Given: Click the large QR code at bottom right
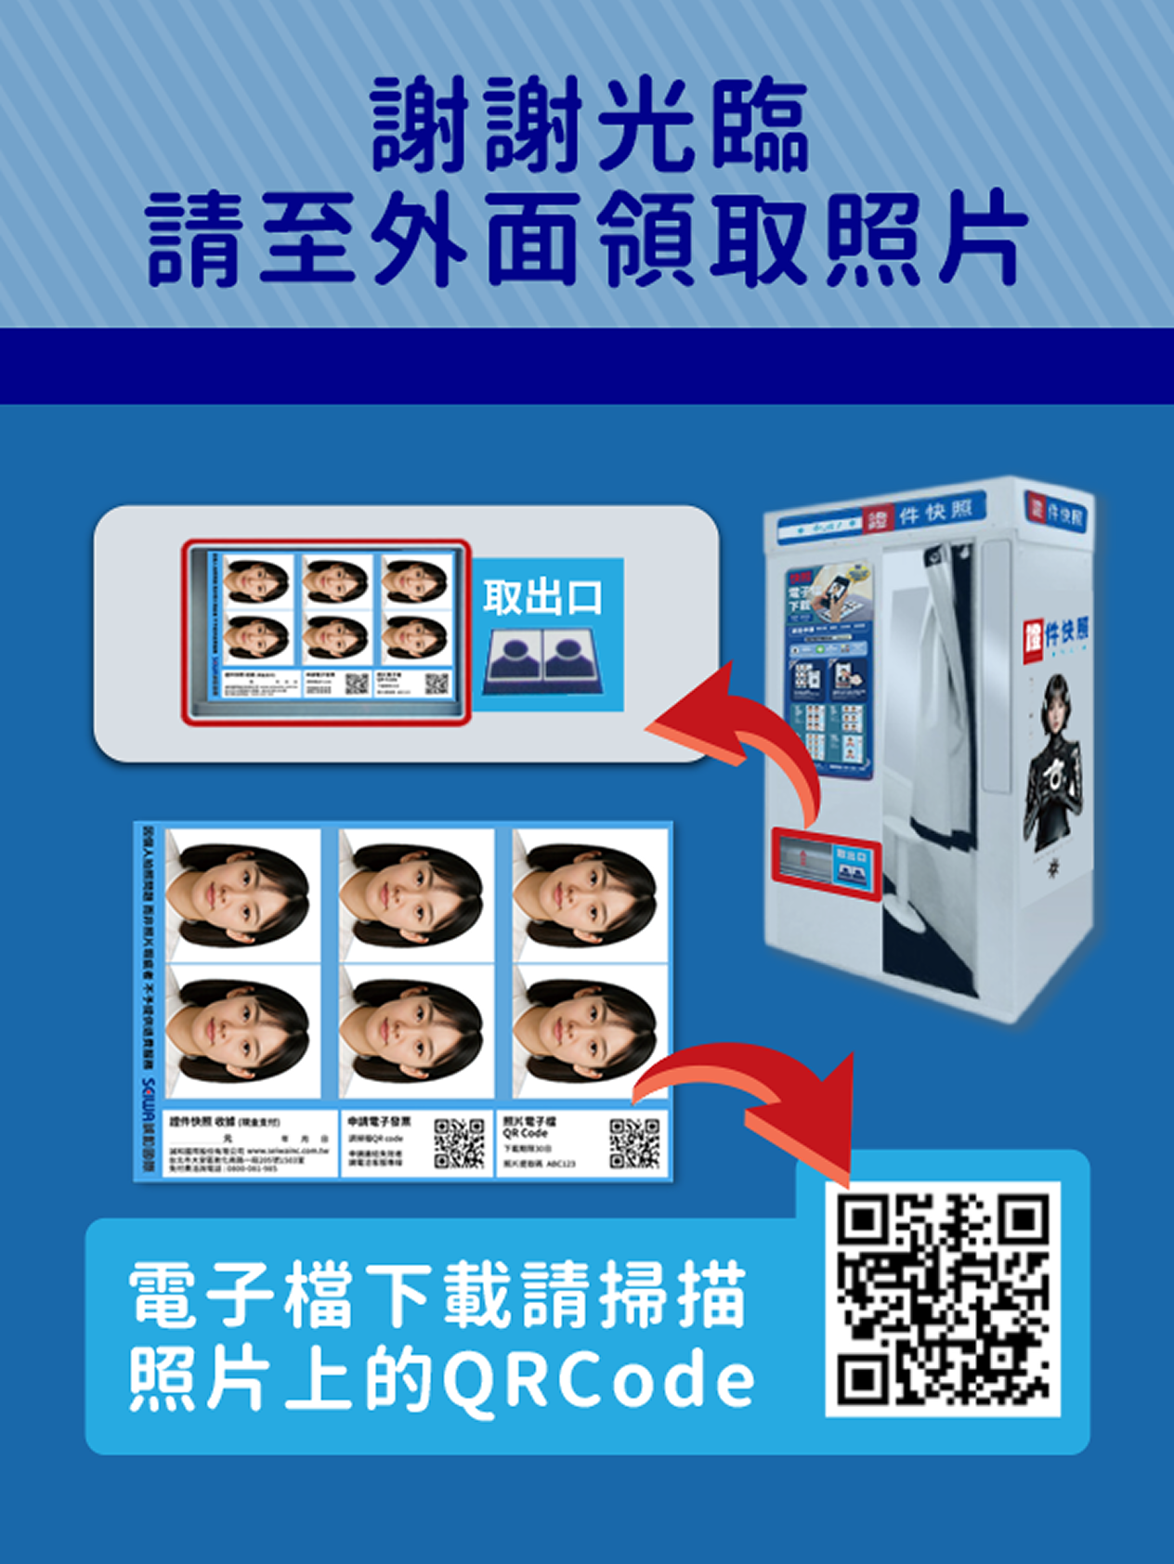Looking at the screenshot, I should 943,1298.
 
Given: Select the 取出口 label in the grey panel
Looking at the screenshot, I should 542,597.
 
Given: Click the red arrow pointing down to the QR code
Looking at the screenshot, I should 762,1096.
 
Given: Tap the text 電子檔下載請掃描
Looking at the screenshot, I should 437,1295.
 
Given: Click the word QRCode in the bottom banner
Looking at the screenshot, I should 598,1381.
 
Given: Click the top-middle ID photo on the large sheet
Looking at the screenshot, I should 414,893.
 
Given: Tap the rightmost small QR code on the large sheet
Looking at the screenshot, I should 634,1143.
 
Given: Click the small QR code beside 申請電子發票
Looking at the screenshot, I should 460,1143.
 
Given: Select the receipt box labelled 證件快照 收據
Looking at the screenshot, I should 249,1143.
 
